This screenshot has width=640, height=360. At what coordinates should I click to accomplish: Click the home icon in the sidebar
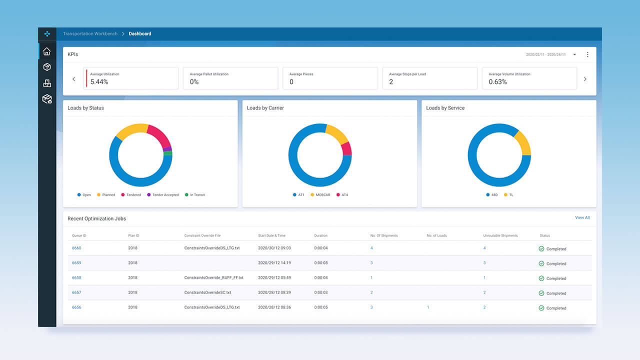(x=46, y=51)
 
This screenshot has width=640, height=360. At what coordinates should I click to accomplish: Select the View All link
(x=582, y=217)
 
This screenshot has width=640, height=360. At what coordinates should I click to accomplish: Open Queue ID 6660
(x=76, y=248)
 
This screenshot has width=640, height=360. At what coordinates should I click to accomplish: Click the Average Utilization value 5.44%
(x=99, y=82)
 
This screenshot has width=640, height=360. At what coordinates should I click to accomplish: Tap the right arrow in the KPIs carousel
(x=585, y=79)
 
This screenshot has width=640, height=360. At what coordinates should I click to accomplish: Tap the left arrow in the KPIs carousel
(x=74, y=79)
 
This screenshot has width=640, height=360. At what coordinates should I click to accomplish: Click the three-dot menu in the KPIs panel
(x=587, y=54)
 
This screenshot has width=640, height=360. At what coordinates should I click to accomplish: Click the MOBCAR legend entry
(x=321, y=195)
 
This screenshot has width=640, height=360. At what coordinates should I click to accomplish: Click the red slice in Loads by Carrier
(x=346, y=148)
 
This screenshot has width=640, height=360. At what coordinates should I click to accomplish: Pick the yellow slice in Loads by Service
(x=522, y=143)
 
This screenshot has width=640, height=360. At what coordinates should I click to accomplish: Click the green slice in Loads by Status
(x=168, y=153)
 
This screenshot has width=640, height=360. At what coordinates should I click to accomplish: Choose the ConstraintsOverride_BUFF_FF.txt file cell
(x=213, y=277)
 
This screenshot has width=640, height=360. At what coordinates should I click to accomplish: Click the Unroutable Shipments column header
(x=500, y=235)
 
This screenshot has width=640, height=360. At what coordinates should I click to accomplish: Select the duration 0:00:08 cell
(x=321, y=263)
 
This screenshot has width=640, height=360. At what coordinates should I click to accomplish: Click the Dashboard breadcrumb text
(x=140, y=34)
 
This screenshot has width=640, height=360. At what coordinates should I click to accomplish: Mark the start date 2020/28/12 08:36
(x=274, y=307)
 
